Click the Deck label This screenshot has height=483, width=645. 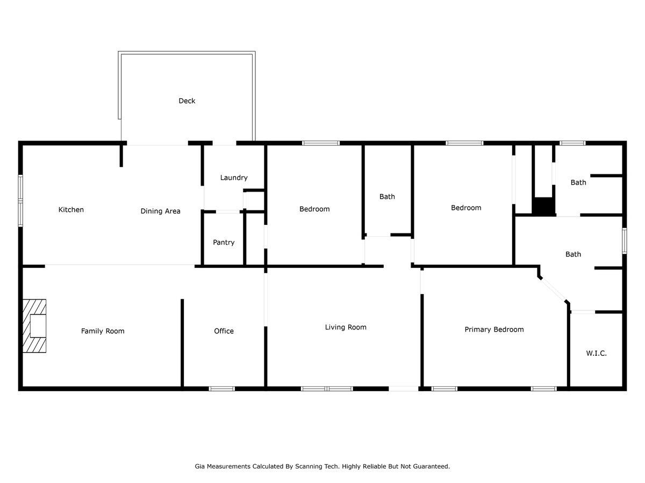pyautogui.click(x=187, y=101)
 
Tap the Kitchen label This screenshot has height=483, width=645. pyautogui.click(x=71, y=210)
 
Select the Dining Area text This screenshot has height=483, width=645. pyautogui.click(x=160, y=211)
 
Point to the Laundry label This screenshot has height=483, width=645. pyautogui.click(x=234, y=178)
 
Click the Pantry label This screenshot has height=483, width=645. pyautogui.click(x=224, y=243)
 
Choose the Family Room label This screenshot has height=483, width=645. pyautogui.click(x=103, y=331)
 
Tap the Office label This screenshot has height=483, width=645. pyautogui.click(x=224, y=331)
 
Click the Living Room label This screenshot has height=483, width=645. pyautogui.click(x=346, y=327)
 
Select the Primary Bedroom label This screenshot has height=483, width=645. pyautogui.click(x=494, y=330)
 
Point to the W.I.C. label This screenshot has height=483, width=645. pyautogui.click(x=597, y=353)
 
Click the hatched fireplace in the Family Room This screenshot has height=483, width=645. pyautogui.click(x=34, y=326)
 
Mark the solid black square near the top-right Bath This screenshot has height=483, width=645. pyautogui.click(x=543, y=207)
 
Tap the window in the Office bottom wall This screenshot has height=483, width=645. pyautogui.click(x=222, y=389)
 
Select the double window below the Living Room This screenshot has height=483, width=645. pyautogui.click(x=327, y=389)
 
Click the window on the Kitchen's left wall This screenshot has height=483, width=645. pyautogui.click(x=20, y=201)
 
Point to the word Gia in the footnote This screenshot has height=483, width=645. pyautogui.click(x=199, y=466)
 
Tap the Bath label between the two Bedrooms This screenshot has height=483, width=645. pyautogui.click(x=387, y=197)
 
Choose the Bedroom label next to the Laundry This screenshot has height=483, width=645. pyautogui.click(x=314, y=209)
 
